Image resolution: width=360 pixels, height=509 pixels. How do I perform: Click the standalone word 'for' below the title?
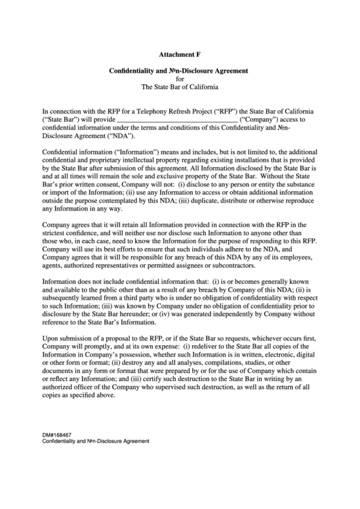[x=179, y=79]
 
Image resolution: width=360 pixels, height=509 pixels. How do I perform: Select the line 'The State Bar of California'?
[x=179, y=88]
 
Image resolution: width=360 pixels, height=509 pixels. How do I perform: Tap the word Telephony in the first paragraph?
[x=154, y=109]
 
